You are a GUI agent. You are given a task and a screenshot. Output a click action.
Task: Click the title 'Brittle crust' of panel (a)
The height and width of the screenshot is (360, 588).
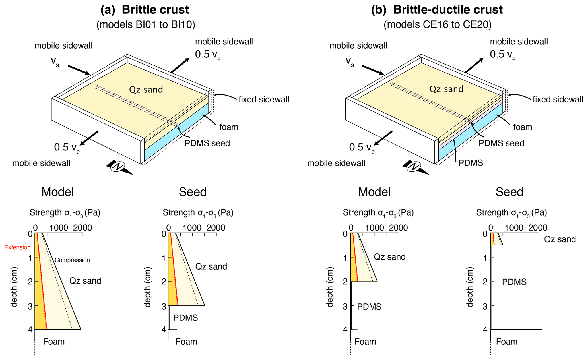155,10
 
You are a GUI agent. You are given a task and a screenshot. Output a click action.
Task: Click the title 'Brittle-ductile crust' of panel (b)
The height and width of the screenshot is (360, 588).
448,10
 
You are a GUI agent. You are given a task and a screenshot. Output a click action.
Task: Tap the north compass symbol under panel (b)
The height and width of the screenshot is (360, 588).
414,167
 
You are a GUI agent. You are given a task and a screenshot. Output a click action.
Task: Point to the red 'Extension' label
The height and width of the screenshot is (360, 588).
17,247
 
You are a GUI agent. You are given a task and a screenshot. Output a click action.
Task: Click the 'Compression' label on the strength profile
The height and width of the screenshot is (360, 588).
72,260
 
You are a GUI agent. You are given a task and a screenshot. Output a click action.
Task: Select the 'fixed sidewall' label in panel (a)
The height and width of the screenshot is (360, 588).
264,100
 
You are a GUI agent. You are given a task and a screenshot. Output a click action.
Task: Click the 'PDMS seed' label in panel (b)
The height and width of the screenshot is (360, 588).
501,143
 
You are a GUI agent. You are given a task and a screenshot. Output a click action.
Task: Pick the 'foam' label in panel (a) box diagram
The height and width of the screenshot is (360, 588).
228,127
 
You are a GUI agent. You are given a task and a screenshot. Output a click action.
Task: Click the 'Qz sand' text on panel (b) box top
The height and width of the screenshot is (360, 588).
446,89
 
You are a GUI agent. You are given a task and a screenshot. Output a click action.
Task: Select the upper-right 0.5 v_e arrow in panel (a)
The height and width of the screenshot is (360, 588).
180,65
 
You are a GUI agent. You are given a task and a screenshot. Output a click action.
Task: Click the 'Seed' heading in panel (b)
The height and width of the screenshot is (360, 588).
509,192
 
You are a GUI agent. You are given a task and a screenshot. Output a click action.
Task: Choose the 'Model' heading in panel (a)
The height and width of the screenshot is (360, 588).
57,192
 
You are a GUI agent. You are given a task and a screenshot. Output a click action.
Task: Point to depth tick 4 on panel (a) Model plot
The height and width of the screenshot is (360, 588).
30,330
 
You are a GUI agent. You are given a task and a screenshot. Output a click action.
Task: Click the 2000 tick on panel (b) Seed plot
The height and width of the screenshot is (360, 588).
537,228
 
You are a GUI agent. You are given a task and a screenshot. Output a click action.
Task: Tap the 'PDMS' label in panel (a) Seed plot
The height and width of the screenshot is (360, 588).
185,318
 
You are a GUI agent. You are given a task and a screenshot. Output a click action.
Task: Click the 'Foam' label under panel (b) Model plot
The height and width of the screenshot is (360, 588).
365,342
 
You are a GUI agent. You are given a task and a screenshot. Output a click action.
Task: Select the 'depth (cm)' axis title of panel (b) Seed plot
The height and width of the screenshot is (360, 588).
470,287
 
